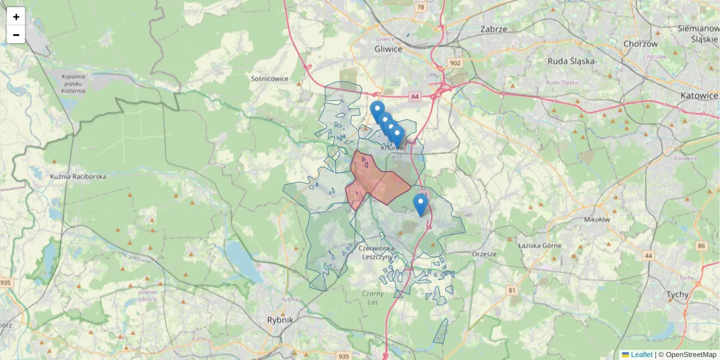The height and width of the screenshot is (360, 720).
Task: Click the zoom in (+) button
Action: [x=16, y=17]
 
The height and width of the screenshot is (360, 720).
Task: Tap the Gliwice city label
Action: [x=388, y=49]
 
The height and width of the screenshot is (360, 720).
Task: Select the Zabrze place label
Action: [x=494, y=29]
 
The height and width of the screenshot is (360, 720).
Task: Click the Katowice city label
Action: [x=699, y=95]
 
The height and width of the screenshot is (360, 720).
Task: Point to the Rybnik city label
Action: [x=280, y=320]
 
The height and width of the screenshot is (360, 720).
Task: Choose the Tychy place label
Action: [x=678, y=295]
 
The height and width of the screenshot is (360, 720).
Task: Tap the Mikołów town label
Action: [x=596, y=220]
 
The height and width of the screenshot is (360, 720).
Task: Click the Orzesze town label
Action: [x=484, y=254]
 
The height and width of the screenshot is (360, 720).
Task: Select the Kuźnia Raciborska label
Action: [x=78, y=177]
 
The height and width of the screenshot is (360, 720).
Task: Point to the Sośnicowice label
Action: [x=269, y=79]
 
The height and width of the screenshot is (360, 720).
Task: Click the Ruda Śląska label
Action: [x=571, y=61]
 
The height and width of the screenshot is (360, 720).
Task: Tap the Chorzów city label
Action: [x=641, y=44]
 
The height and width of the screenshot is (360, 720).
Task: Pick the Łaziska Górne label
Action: [x=540, y=245]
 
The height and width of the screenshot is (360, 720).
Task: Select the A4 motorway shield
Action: [x=415, y=96]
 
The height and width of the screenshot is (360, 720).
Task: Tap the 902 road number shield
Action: [x=454, y=64]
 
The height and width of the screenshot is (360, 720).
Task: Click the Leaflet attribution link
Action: [x=641, y=355]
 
